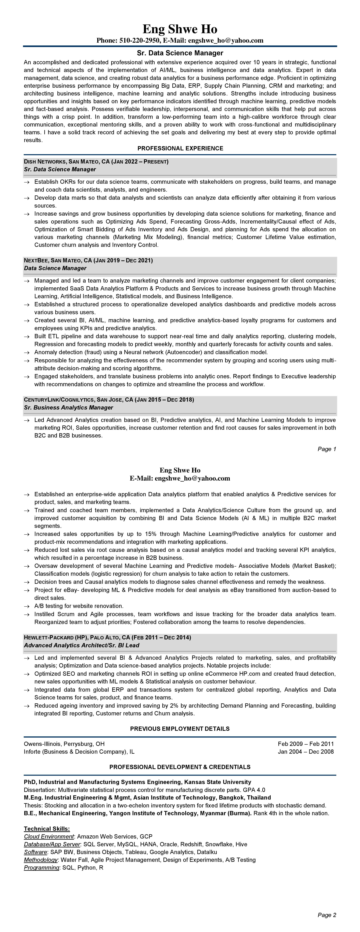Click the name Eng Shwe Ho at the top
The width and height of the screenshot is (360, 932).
pos(180,29)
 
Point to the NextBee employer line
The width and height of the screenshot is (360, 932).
pos(88,261)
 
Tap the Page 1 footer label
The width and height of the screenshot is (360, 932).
pos(327,449)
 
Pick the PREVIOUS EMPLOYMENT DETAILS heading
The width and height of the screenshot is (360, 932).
pos(180,729)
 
